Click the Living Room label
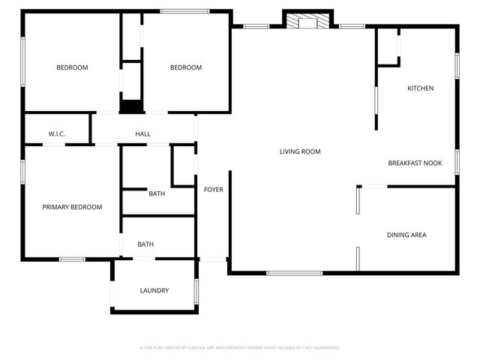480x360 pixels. tap(300, 151)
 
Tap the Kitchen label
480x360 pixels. tap(420, 88)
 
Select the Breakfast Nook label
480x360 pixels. tap(415, 163)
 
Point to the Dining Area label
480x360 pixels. tap(406, 235)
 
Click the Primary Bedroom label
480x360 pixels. tap(72, 207)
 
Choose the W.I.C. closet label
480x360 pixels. tap(57, 134)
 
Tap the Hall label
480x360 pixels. tap(142, 134)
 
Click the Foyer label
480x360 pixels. tap(213, 190)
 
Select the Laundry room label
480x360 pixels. tap(154, 290)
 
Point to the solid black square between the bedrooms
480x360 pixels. tap(131, 106)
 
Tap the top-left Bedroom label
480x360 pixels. tap(72, 67)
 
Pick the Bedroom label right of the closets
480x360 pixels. tap(186, 67)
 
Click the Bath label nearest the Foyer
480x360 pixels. tap(157, 193)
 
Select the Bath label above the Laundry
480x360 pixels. tap(145, 244)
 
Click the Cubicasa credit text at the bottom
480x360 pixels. tap(240, 348)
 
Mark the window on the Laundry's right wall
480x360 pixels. tap(196, 291)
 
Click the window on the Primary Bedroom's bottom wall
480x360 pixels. tap(72, 259)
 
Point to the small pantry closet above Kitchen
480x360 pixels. tap(388, 47)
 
